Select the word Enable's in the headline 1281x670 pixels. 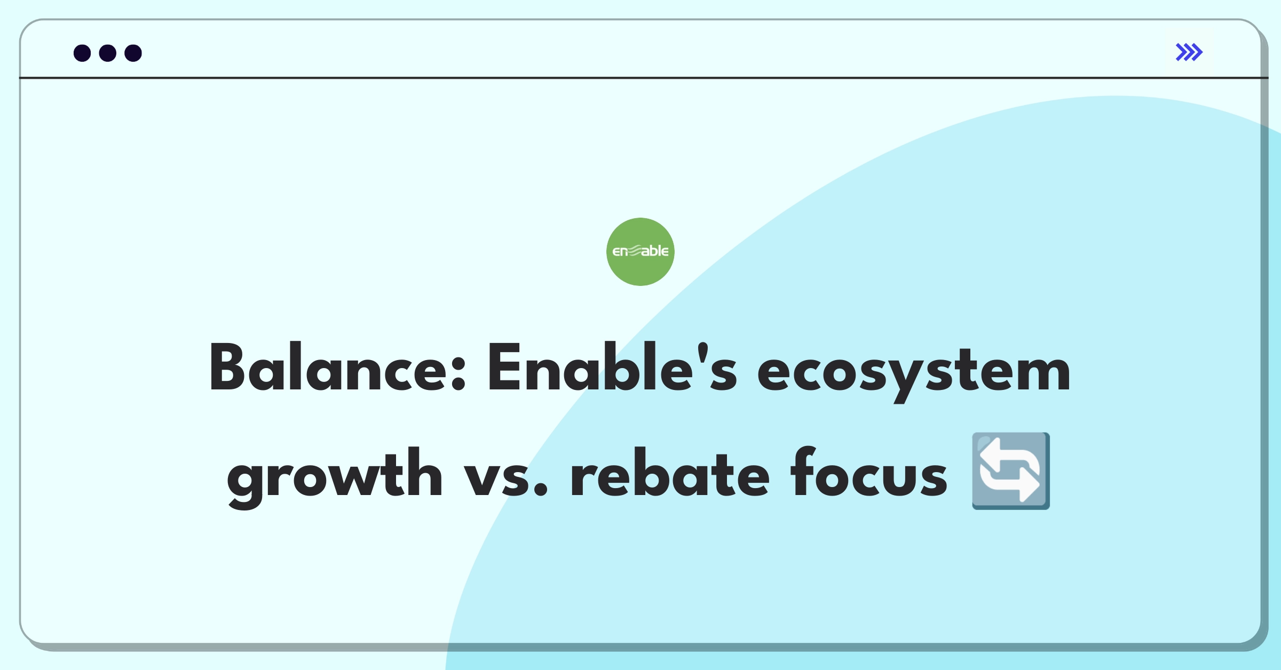(612, 368)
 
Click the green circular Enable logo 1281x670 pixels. (640, 252)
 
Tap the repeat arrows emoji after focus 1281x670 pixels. (1010, 471)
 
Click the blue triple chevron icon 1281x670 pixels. (1189, 52)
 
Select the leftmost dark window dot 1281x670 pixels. (82, 53)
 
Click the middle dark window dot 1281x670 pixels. (108, 53)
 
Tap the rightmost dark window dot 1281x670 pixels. (133, 53)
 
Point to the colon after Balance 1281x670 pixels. (458, 373)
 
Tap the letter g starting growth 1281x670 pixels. (247, 480)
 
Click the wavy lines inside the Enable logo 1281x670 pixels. (635, 251)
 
